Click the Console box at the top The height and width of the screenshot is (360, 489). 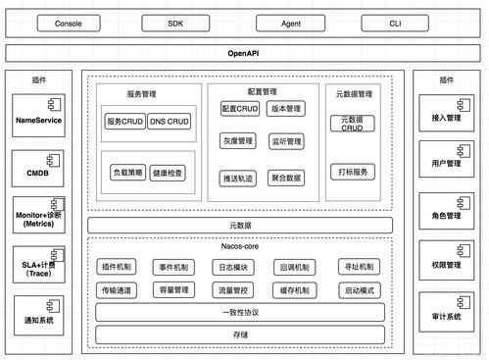68,23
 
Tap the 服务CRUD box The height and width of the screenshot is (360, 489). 123,122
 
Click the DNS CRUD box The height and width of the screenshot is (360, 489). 171,122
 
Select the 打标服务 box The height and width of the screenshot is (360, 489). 352,171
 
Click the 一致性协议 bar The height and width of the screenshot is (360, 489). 239,312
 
